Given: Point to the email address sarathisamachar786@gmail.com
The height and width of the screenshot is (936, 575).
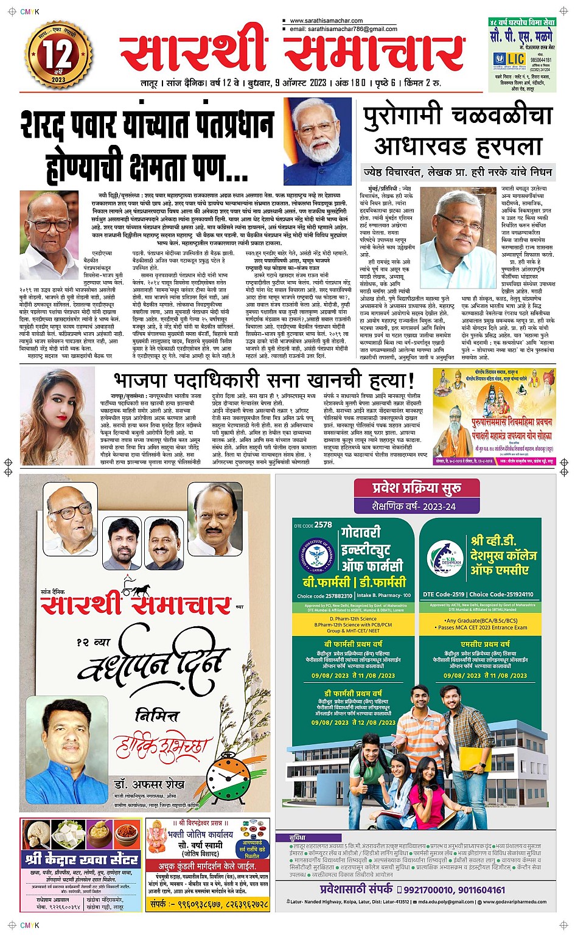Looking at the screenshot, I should point(343,29).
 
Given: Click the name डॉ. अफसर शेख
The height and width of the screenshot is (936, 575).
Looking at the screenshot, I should point(148,784).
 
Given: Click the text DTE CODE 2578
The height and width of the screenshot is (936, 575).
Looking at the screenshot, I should point(313,525).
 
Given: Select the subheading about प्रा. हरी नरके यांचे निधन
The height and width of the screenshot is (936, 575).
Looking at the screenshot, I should point(458,172).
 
